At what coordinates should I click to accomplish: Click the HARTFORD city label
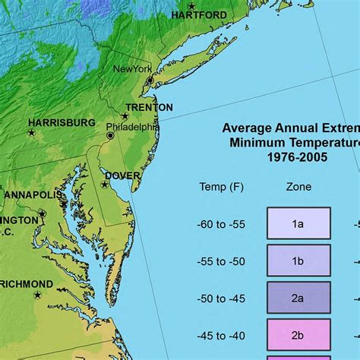(x=199, y=14)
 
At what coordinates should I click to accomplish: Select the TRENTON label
(x=149, y=107)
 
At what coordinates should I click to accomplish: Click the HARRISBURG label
(x=62, y=122)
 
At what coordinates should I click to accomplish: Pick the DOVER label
(x=122, y=175)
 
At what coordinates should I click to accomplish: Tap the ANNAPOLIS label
(x=33, y=195)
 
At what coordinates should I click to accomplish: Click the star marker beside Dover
(x=106, y=185)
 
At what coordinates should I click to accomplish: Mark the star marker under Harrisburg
(x=31, y=133)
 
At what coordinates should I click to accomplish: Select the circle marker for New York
(x=150, y=80)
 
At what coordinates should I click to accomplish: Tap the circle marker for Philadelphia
(x=110, y=135)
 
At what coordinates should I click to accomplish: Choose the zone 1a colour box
(x=298, y=223)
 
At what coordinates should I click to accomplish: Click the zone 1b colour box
(x=298, y=261)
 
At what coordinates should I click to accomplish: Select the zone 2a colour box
(x=298, y=298)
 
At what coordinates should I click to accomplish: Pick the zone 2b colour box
(x=298, y=335)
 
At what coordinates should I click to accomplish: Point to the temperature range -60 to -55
(x=221, y=224)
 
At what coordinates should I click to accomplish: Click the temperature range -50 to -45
(x=221, y=298)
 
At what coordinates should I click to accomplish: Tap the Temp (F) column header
(x=221, y=187)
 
